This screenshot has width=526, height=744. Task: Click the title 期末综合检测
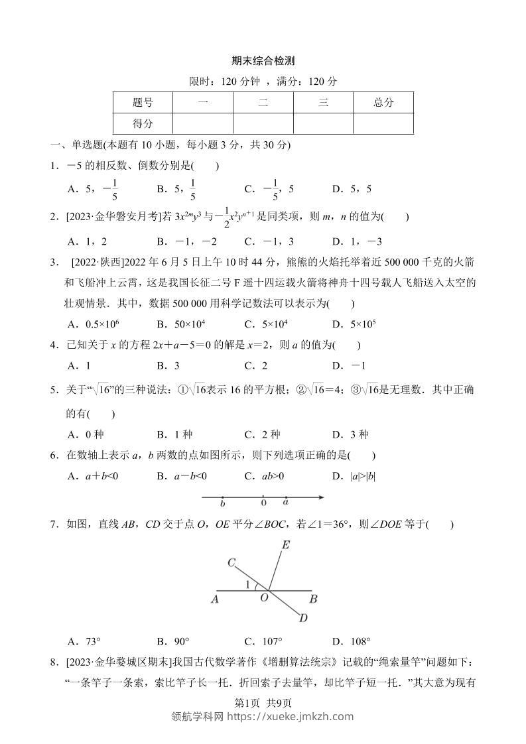click(x=263, y=60)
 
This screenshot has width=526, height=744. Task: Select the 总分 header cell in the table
click(x=383, y=102)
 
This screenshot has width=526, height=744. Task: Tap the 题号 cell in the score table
click(x=143, y=102)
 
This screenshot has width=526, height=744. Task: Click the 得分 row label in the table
click(x=143, y=123)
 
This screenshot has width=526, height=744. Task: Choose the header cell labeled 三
click(x=323, y=102)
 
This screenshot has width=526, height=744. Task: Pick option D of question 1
click(x=352, y=189)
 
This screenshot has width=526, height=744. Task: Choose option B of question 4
click(x=168, y=365)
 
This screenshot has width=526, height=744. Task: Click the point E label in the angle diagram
click(x=286, y=545)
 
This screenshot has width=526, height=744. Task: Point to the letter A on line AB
click(x=214, y=599)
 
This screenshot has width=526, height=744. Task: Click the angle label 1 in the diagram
click(x=248, y=584)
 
